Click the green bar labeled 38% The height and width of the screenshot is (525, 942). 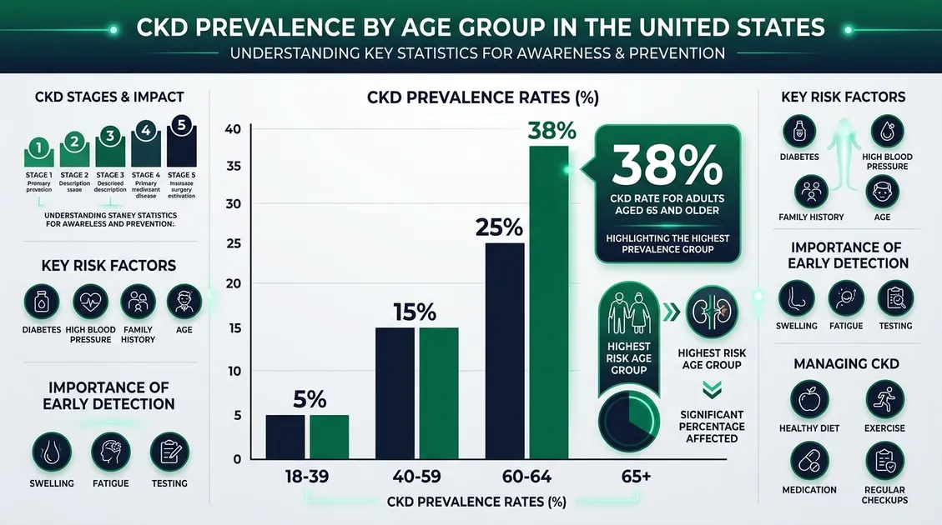pyautogui.click(x=548, y=302)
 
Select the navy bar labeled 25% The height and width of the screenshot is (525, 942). pyautogui.click(x=505, y=350)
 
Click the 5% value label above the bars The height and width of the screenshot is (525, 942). pyautogui.click(x=309, y=399)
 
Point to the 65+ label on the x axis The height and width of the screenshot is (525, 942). pyautogui.click(x=635, y=477)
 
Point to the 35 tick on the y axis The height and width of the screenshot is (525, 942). pyautogui.click(x=234, y=166)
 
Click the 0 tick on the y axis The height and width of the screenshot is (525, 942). pyautogui.click(x=237, y=459)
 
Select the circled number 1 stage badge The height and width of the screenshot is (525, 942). pyautogui.click(x=38, y=147)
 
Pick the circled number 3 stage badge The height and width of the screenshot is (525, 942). pyautogui.click(x=110, y=135)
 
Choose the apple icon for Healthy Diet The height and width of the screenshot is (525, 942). pyautogui.click(x=809, y=399)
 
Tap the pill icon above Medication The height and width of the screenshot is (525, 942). pyautogui.click(x=809, y=462)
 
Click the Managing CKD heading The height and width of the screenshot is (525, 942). pyautogui.click(x=845, y=363)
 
